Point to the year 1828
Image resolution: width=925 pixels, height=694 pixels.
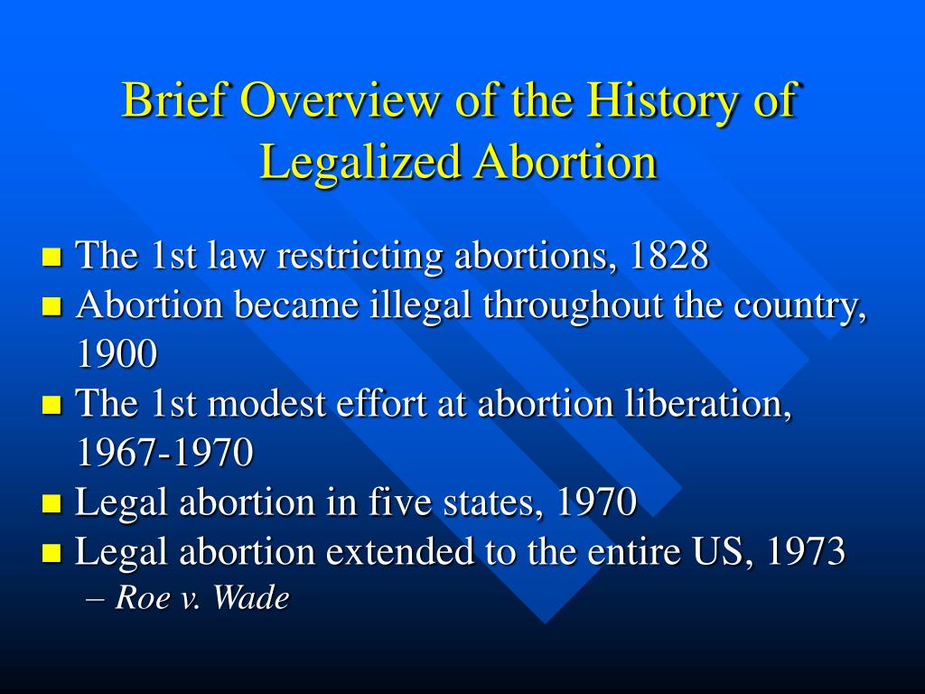pyautogui.click(x=669, y=257)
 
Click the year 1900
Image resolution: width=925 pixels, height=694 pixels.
pyautogui.click(x=117, y=355)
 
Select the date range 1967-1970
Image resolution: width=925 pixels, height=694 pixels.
pyautogui.click(x=165, y=453)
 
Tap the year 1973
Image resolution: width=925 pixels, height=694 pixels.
pyautogui.click(x=806, y=551)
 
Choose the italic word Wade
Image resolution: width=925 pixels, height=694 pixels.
pyautogui.click(x=250, y=598)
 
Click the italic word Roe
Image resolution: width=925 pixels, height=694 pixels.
pyautogui.click(x=138, y=598)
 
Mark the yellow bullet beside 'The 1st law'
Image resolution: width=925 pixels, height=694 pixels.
pyautogui.click(x=51, y=258)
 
